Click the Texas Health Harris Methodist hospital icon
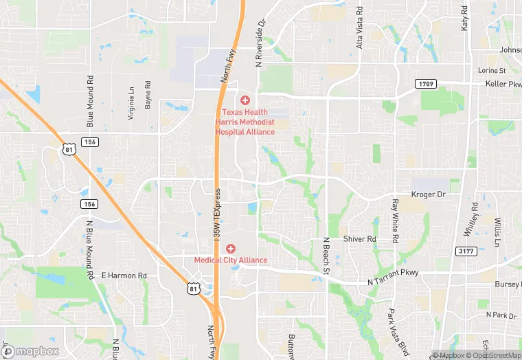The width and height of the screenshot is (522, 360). (245, 100)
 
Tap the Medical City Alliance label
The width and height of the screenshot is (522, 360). (230, 260)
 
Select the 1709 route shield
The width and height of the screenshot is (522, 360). (424, 84)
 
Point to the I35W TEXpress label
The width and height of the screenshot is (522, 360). (216, 214)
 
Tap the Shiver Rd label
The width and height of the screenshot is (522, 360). (360, 239)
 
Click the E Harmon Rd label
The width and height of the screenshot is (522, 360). (124, 275)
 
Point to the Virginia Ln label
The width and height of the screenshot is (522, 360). (131, 103)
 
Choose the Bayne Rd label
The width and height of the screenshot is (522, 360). (148, 94)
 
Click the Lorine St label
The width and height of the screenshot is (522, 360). (492, 71)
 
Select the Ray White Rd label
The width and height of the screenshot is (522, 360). (395, 221)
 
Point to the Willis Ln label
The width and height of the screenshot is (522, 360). (497, 232)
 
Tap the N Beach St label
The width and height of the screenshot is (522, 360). (327, 256)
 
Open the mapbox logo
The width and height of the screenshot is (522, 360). (30, 351)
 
